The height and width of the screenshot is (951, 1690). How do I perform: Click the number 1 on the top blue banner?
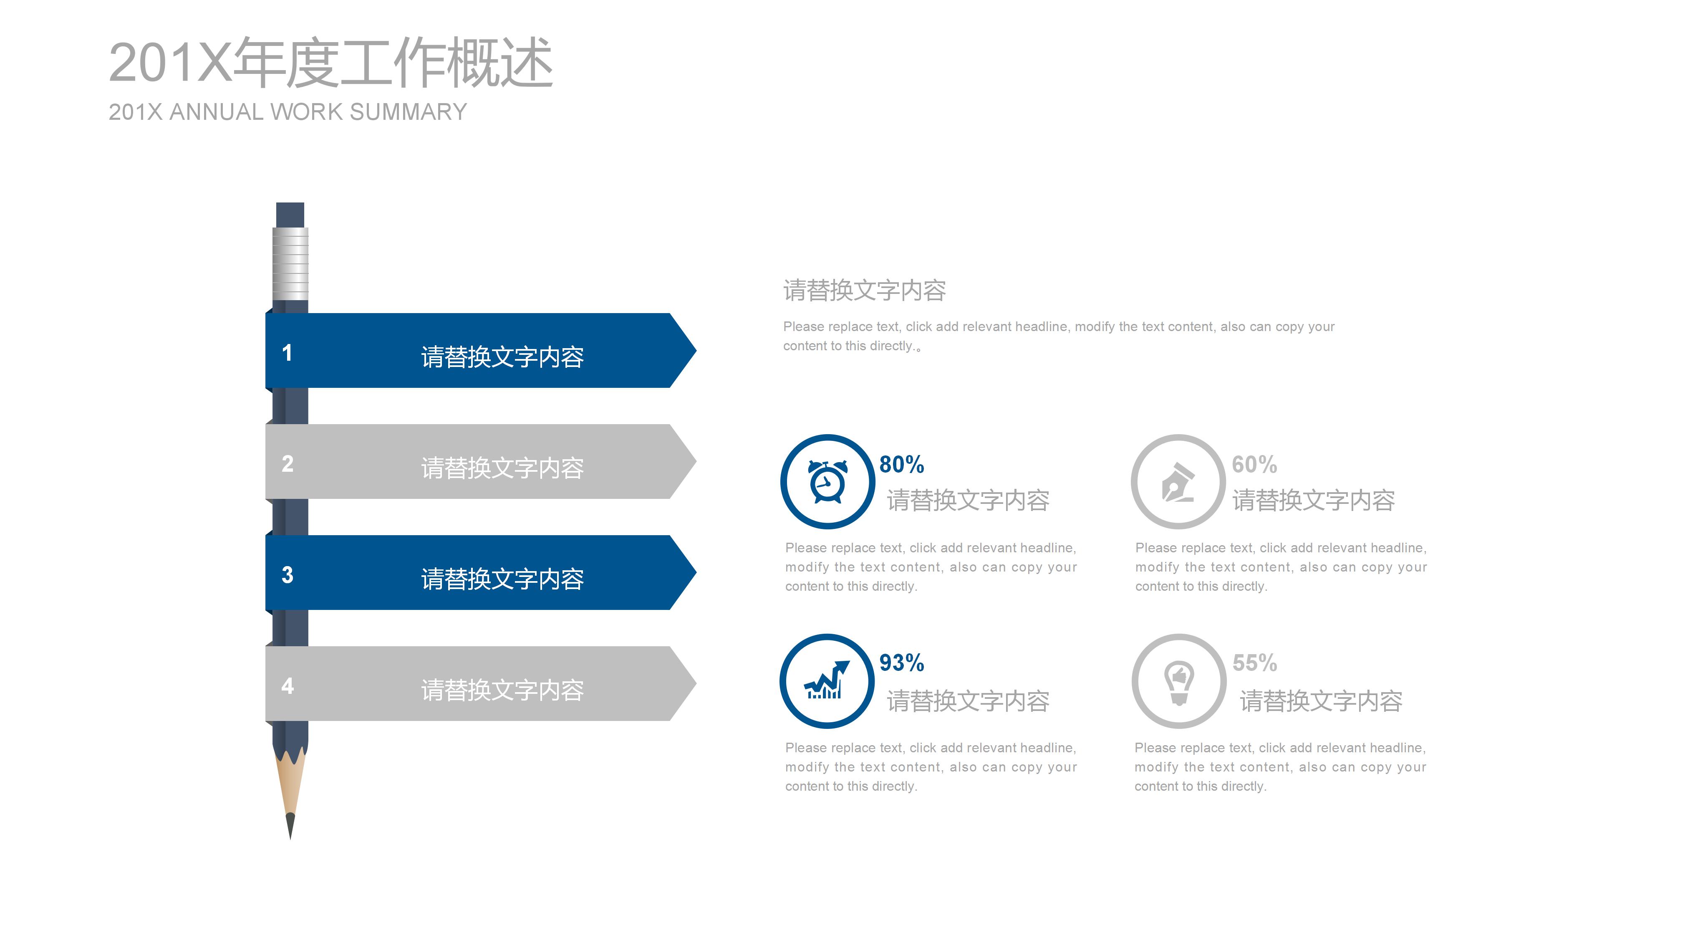tap(287, 353)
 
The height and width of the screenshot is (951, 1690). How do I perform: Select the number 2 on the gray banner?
tap(288, 464)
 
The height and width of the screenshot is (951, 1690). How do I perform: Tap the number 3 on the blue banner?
tap(288, 575)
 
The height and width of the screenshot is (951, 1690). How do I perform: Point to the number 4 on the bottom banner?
tap(288, 686)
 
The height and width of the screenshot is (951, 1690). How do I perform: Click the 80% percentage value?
tap(901, 465)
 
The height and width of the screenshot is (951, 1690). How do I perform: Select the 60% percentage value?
tap(1254, 465)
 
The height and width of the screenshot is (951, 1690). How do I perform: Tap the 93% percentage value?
tap(901, 663)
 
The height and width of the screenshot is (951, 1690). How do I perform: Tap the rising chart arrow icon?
tap(827, 680)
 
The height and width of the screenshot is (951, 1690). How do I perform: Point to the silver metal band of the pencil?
tap(290, 263)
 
